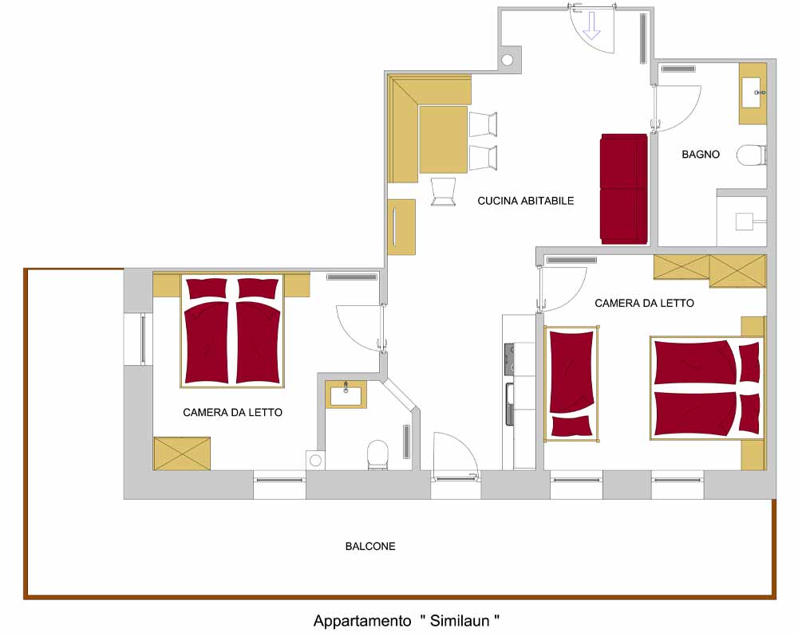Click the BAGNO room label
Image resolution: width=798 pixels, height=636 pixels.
(701, 154)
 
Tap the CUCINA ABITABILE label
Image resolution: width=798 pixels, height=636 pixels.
(525, 201)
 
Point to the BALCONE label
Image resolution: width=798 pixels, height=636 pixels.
(370, 546)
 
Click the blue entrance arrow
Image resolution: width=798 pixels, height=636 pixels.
(591, 26)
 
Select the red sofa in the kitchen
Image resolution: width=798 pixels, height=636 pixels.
(624, 189)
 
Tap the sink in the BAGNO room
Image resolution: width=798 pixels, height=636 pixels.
(753, 92)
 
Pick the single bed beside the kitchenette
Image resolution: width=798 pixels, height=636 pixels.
(571, 384)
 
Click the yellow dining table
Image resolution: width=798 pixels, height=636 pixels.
(443, 139)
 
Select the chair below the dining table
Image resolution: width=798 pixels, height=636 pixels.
(443, 191)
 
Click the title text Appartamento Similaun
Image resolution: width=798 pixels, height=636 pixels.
(406, 621)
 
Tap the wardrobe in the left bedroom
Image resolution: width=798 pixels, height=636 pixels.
(182, 453)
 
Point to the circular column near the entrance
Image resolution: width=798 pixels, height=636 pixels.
(507, 60)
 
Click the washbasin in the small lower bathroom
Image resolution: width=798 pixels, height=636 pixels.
(346, 394)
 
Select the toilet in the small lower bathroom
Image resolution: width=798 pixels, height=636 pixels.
(377, 454)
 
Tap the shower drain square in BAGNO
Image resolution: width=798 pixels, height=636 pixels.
(744, 222)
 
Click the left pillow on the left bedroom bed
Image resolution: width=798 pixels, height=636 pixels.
(207, 289)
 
